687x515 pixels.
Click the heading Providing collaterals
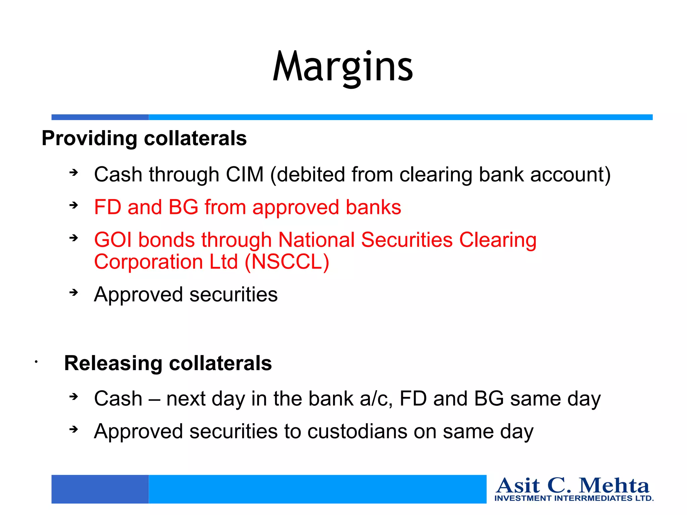pyautogui.click(x=144, y=138)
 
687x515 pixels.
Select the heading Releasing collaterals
pyautogui.click(x=168, y=363)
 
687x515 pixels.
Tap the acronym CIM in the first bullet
pyautogui.click(x=245, y=175)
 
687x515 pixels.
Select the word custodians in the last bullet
pyautogui.click(x=358, y=432)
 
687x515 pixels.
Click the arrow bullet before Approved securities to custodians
pyautogui.click(x=73, y=429)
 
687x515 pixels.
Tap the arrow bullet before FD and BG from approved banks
pyautogui.click(x=73, y=205)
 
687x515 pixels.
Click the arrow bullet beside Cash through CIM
pyautogui.click(x=73, y=173)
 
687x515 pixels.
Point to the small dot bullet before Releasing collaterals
pyautogui.click(x=36, y=362)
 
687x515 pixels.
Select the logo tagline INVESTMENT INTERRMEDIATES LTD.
pyautogui.click(x=574, y=498)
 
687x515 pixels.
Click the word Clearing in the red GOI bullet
pyautogui.click(x=498, y=240)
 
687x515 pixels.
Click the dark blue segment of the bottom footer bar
pyautogui.click(x=100, y=489)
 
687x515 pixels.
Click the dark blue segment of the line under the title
pyautogui.click(x=100, y=117)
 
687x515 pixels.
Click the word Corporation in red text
pyautogui.click(x=148, y=262)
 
